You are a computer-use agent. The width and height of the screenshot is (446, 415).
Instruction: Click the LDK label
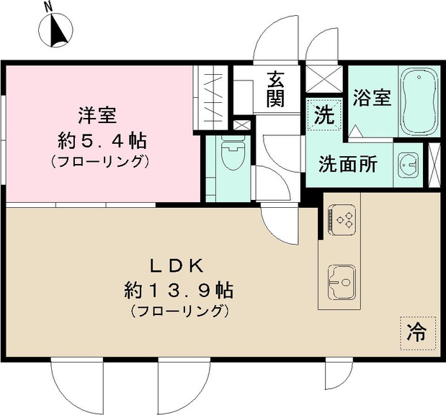point(178,266)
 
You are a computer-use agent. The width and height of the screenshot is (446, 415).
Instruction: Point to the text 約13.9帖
point(178,290)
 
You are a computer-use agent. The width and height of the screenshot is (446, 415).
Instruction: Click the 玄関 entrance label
point(275,89)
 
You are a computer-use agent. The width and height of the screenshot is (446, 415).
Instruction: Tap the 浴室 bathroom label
point(372,98)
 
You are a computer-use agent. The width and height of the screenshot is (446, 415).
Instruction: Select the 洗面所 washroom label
point(348,164)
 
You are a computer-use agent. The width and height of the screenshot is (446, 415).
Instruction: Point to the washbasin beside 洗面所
point(409,164)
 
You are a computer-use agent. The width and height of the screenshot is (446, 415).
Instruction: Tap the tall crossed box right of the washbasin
point(434,164)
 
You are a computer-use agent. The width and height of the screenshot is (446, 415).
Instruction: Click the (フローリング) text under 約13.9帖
point(179,312)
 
